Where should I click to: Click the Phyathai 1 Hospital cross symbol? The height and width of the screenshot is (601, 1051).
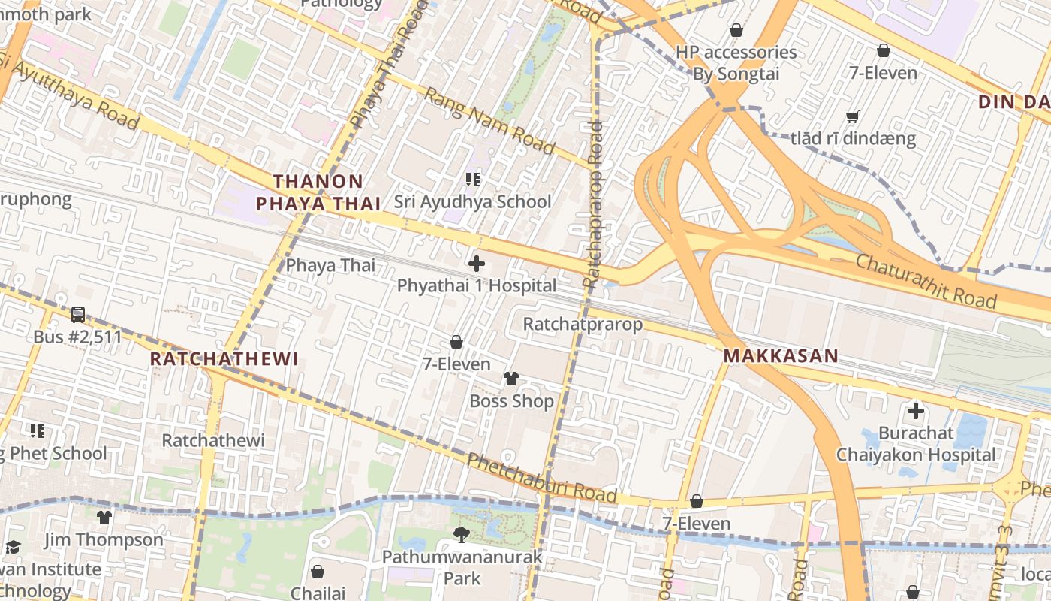(x=477, y=264)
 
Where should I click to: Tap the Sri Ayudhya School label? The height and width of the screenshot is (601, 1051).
(x=472, y=201)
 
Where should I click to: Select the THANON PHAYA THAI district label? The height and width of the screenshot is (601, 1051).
(x=318, y=192)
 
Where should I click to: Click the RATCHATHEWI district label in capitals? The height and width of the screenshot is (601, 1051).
(x=224, y=358)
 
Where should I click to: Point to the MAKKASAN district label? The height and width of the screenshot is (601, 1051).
(x=781, y=356)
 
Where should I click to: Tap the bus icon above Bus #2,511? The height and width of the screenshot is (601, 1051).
(x=77, y=315)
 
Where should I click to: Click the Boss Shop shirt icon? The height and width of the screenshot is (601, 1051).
(x=511, y=378)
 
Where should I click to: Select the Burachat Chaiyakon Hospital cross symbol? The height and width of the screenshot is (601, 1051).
(x=915, y=411)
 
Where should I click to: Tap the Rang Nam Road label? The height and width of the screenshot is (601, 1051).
(x=489, y=121)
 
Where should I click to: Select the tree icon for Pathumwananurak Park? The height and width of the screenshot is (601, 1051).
(x=462, y=534)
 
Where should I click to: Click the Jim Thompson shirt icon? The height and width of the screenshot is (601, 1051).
(x=104, y=517)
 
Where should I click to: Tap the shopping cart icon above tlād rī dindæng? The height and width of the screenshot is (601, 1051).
(x=852, y=116)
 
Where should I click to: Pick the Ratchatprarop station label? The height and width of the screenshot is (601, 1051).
(x=583, y=324)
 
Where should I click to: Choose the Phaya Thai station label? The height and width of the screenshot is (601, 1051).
(x=330, y=265)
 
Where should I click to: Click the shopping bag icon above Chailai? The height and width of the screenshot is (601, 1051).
(x=318, y=572)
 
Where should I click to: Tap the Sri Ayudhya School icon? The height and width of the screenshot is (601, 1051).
(x=472, y=179)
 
